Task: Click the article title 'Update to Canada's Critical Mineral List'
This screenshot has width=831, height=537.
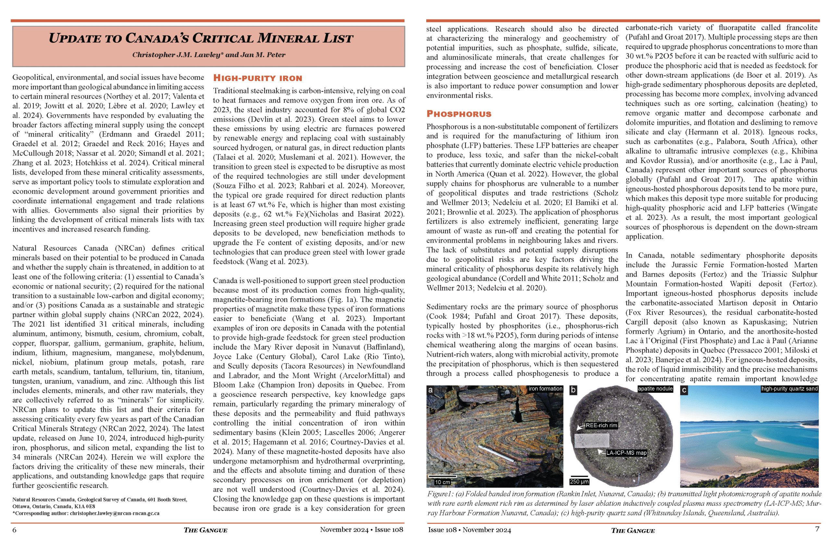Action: tap(201, 38)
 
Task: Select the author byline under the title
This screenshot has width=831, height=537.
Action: tap(208, 55)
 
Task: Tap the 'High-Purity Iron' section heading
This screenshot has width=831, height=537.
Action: tap(257, 78)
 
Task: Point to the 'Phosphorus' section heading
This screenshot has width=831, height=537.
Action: tap(459, 114)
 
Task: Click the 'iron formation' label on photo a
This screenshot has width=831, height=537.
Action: tap(545, 389)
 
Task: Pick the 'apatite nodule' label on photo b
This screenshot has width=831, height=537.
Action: tap(655, 389)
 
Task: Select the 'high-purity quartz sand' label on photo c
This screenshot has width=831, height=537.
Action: tap(789, 389)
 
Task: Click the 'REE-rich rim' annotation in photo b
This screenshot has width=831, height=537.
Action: tap(601, 425)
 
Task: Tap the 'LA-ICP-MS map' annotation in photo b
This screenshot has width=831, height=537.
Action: tap(626, 453)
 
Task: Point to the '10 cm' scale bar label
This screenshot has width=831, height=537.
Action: tap(442, 482)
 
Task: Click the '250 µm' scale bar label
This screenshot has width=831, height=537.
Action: tap(579, 482)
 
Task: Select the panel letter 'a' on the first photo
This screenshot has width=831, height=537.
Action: tap(431, 390)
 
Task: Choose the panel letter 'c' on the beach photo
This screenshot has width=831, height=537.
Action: tap(684, 390)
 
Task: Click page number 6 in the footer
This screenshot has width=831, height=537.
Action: tap(14, 530)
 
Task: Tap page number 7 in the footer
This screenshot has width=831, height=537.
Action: tap(817, 529)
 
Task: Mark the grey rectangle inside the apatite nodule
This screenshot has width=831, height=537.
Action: tap(591, 440)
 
